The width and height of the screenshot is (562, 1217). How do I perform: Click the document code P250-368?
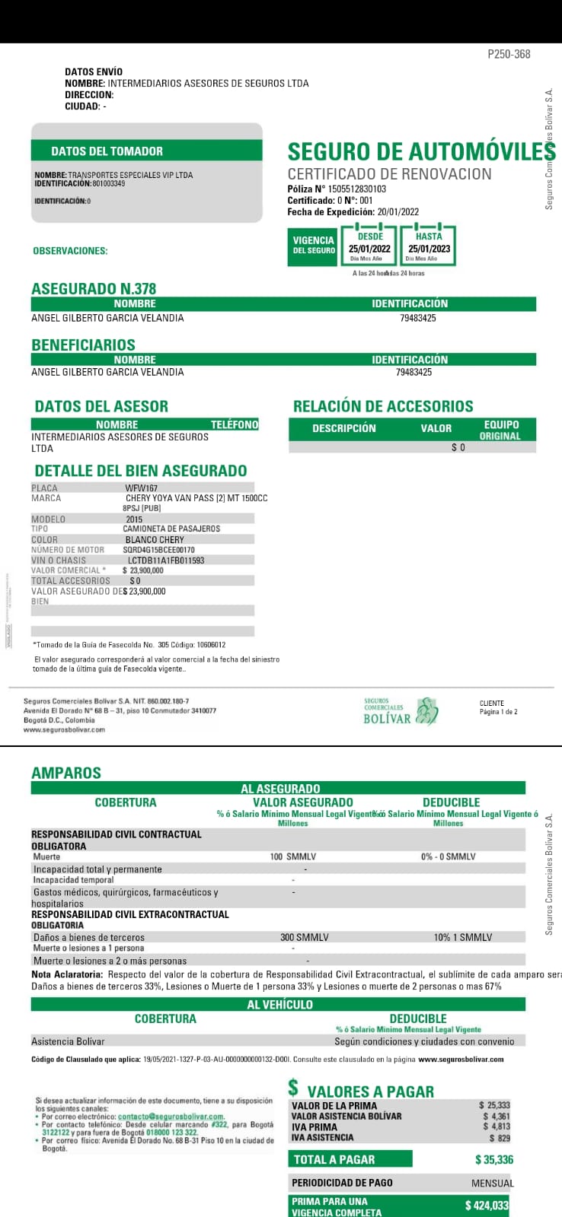coord(509,54)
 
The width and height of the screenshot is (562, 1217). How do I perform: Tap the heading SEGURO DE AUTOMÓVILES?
coord(421,151)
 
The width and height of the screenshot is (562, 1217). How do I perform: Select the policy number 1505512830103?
coord(357,189)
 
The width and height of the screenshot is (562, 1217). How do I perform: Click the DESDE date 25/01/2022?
coord(369,249)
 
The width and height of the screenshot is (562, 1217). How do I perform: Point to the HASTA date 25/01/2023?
coord(429,249)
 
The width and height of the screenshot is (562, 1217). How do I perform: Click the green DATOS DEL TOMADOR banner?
coord(146,151)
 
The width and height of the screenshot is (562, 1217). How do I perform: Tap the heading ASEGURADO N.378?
coord(94,289)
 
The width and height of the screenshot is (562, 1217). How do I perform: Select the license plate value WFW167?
coord(142,488)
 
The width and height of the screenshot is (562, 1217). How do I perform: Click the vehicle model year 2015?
coord(134,520)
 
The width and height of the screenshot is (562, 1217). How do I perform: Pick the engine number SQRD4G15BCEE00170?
coord(158,550)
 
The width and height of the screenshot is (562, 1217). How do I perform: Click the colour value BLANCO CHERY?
coord(155,540)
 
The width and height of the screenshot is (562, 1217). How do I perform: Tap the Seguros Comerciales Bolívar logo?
coord(401,710)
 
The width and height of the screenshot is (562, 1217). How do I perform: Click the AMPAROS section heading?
coord(66,773)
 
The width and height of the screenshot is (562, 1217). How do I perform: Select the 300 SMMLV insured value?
coord(305,937)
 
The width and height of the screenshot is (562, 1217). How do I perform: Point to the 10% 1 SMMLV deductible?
coord(463,937)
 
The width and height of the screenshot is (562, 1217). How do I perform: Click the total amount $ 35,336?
coord(494,1160)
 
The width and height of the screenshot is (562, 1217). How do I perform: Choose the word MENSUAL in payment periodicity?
coord(493,1183)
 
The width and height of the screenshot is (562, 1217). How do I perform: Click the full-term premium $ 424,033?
coord(487,1206)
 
